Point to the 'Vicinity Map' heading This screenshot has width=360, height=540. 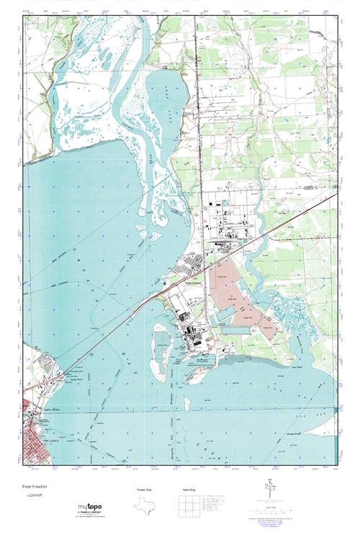pos(144,490)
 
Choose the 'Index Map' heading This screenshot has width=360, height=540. pos(189,490)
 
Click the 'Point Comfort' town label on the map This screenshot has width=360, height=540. pos(189,284)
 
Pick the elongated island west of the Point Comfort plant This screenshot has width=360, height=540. pos(158,349)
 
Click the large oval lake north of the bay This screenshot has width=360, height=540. pos(167,101)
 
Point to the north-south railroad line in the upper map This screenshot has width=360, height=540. pos(199,108)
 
